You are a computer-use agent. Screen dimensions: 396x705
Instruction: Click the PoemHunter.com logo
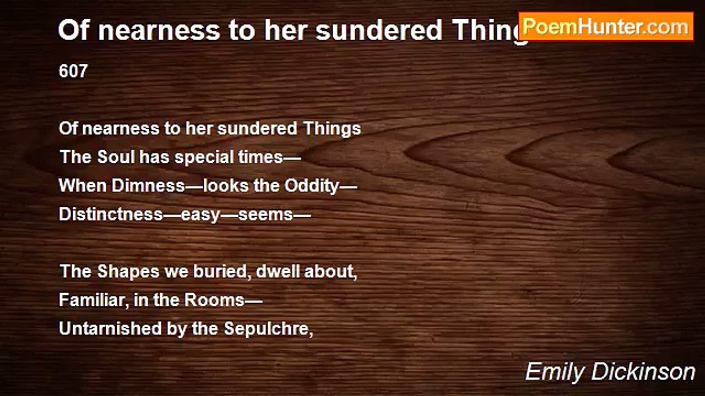pos(606,26)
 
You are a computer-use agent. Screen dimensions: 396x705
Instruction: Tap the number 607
pos(73,71)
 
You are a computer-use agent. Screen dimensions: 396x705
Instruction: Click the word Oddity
pos(312,185)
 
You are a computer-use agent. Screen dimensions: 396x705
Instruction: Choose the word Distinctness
pos(111,214)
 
